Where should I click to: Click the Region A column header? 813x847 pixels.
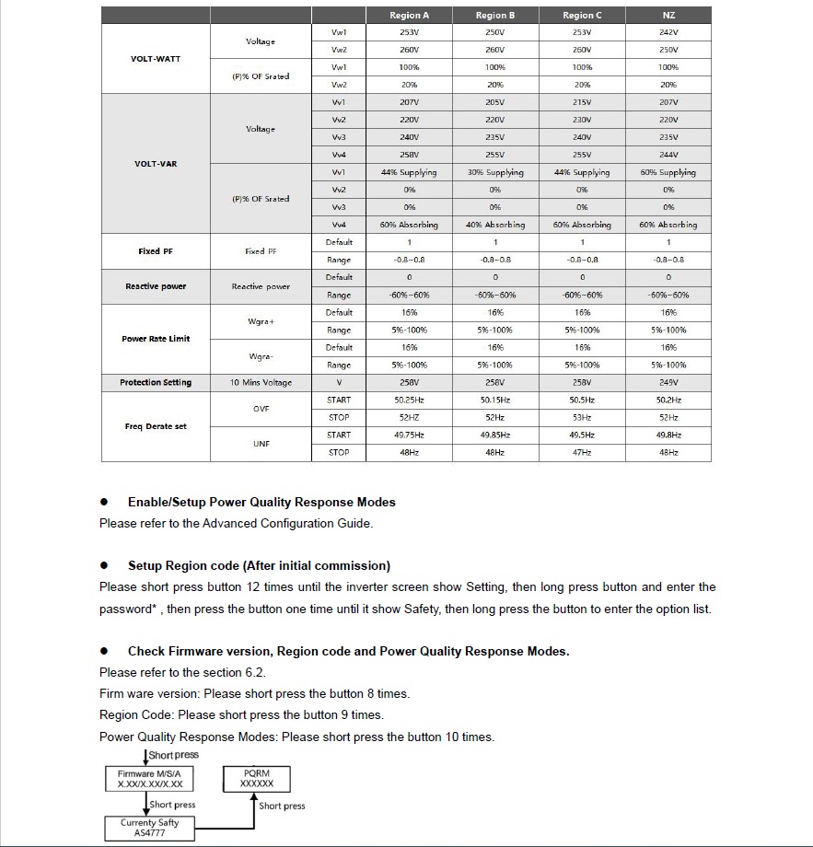(409, 15)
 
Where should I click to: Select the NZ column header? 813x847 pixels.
(668, 15)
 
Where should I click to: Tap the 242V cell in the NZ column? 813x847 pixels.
(668, 32)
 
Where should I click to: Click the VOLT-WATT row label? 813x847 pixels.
(156, 59)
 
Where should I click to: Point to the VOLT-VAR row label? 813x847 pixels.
(156, 164)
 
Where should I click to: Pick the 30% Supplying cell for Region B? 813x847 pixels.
(495, 172)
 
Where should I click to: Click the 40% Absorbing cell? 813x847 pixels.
(495, 225)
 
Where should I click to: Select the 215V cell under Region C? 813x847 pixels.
(582, 102)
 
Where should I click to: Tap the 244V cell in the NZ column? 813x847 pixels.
(668, 155)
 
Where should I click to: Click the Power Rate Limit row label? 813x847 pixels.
(156, 339)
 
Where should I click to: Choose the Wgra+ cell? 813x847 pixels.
(261, 321)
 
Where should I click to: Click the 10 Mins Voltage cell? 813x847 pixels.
(261, 383)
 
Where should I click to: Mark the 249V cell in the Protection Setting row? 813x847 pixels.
(668, 383)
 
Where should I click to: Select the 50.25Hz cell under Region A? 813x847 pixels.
(409, 400)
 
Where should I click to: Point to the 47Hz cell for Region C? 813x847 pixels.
(582, 453)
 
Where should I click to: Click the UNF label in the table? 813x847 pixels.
(261, 444)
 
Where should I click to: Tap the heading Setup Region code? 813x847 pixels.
(259, 565)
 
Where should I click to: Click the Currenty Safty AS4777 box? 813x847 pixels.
(150, 828)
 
